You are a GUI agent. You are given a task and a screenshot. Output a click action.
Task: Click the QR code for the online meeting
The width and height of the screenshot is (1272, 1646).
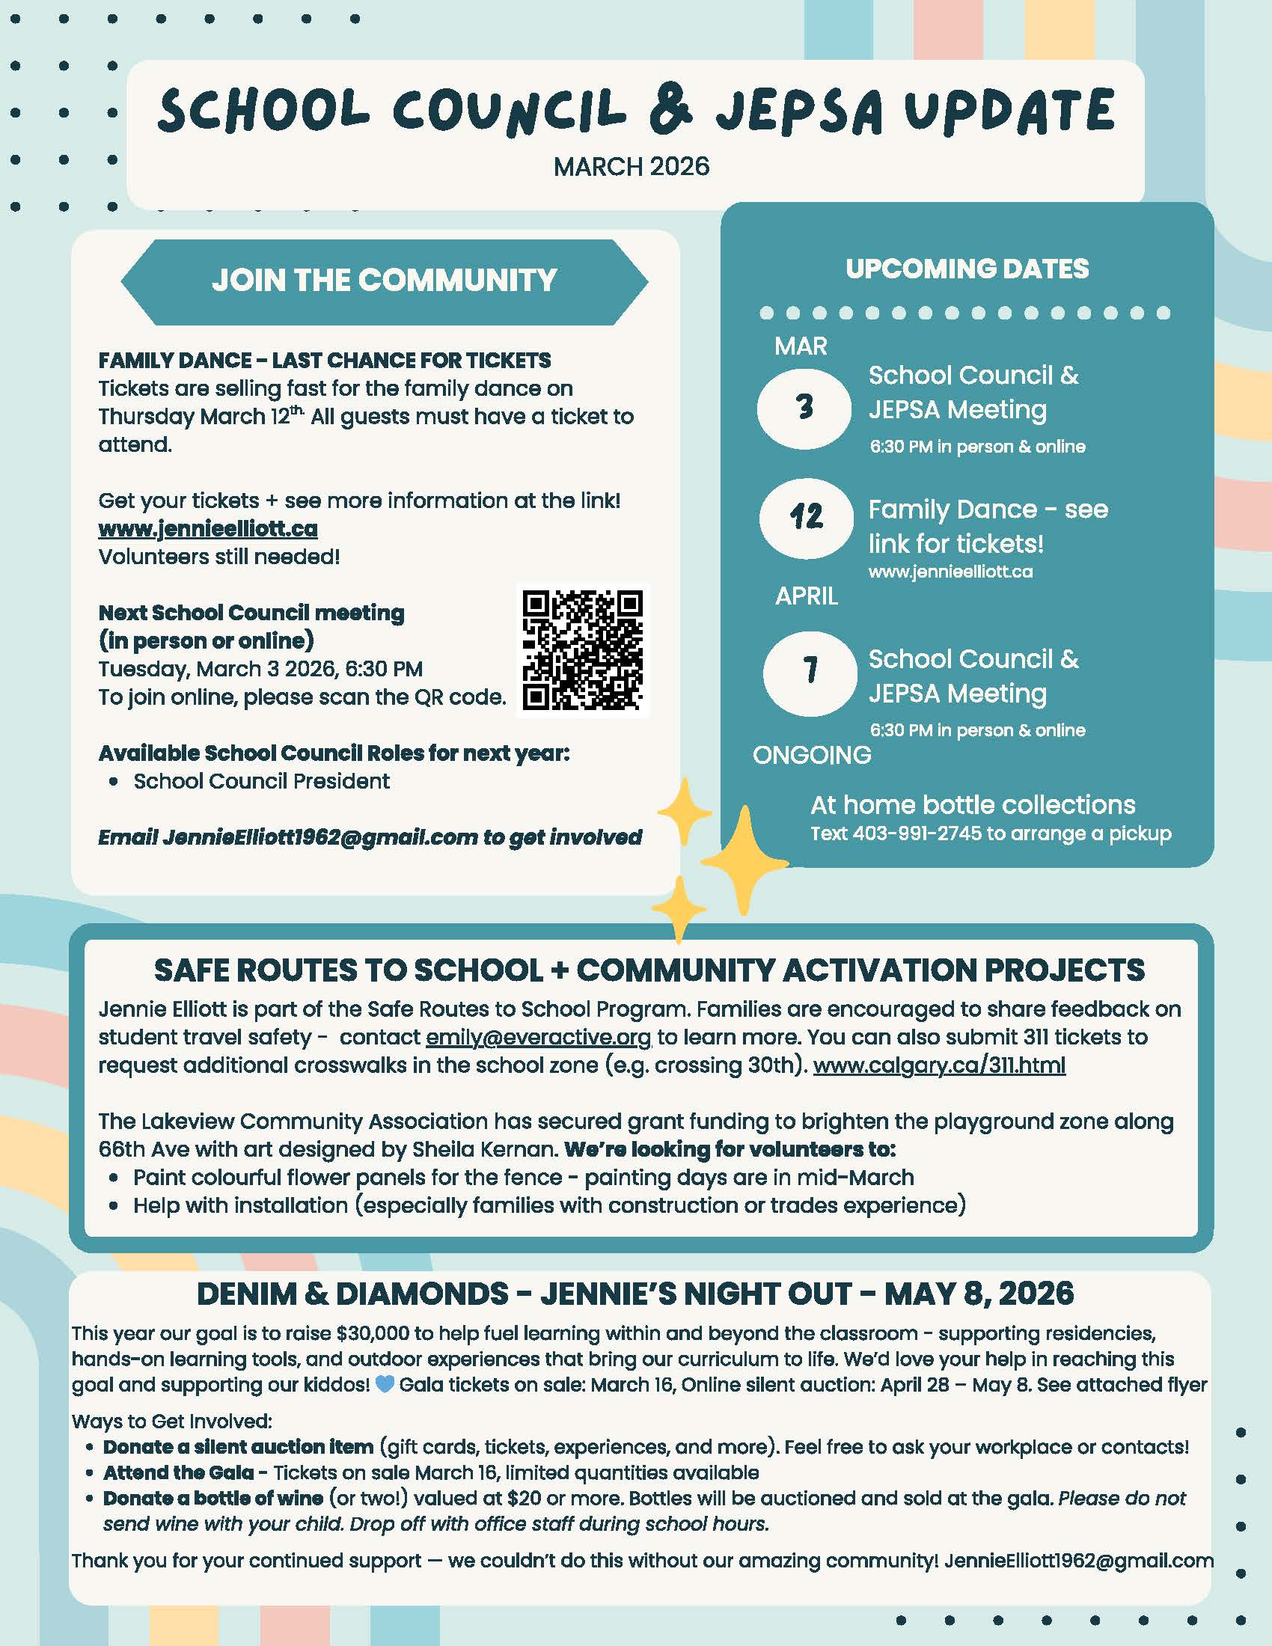click(x=582, y=649)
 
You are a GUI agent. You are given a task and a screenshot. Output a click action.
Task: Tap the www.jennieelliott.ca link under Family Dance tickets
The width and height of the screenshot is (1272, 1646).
click(x=208, y=529)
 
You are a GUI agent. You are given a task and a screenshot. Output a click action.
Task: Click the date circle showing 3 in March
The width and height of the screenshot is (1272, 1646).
click(x=804, y=407)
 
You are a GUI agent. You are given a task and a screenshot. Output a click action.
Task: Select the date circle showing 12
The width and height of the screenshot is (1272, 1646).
click(x=806, y=517)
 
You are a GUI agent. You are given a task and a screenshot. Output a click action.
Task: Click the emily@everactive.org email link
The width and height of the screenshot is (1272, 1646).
click(x=538, y=1037)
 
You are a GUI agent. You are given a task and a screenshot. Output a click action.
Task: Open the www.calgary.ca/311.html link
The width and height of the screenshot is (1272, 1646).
click(x=939, y=1065)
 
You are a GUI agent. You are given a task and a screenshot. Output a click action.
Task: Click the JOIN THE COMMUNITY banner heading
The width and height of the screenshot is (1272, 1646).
click(x=385, y=281)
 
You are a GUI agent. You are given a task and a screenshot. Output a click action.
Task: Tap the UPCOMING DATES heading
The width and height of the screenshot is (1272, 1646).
click(x=967, y=269)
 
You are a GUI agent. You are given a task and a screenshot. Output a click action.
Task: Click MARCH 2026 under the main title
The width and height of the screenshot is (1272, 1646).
click(x=632, y=167)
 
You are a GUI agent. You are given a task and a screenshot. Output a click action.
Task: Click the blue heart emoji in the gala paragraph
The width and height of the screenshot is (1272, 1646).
click(x=385, y=1383)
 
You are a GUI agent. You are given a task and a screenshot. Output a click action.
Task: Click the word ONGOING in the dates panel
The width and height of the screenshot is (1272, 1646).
click(x=812, y=754)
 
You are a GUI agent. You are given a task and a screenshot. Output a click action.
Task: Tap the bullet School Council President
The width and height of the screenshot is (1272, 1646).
click(x=261, y=782)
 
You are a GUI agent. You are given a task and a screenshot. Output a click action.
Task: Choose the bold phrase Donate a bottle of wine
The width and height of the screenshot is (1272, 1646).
click(x=213, y=1498)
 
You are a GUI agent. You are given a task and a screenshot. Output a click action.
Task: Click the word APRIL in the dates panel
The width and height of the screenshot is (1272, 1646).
click(x=807, y=596)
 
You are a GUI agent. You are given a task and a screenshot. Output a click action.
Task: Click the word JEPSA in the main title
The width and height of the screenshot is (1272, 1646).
click(x=798, y=111)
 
